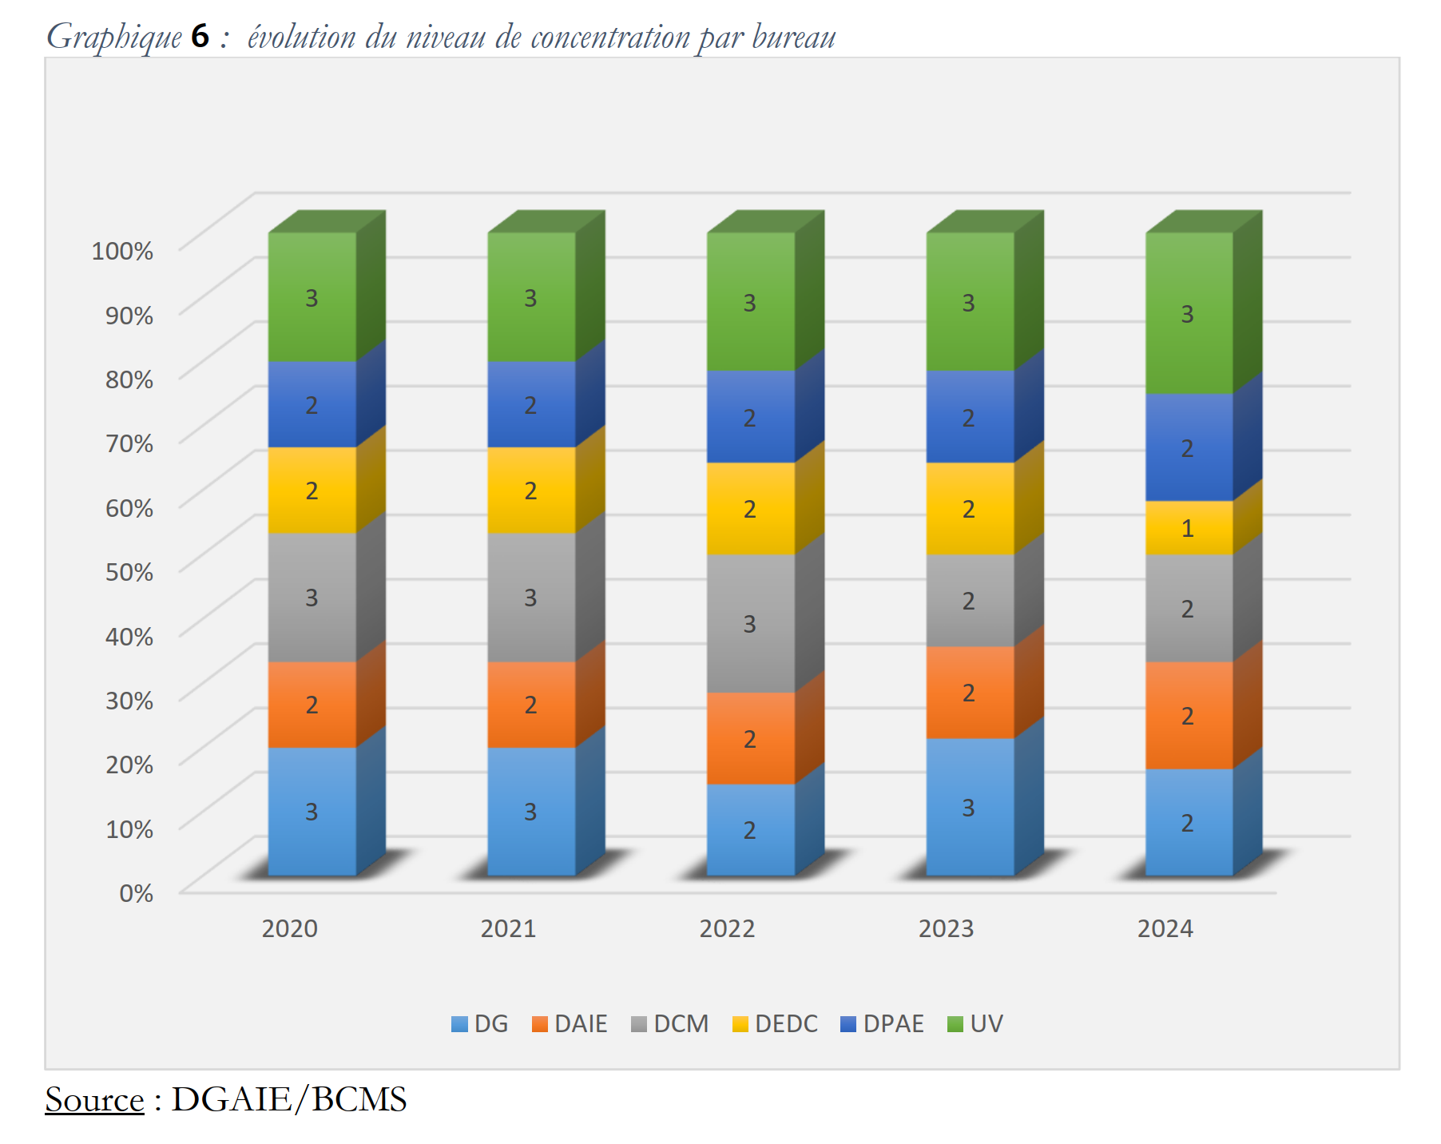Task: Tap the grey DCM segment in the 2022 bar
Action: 750,623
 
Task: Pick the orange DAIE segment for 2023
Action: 969,692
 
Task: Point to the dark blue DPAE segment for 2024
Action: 1189,447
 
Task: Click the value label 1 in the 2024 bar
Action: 1188,528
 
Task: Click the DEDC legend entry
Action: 775,1023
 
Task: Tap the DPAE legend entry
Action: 882,1023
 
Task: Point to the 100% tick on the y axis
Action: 122,251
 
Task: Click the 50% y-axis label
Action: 129,572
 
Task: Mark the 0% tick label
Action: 136,893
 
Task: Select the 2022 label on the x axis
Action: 727,928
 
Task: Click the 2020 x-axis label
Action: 289,928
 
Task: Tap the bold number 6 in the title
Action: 200,37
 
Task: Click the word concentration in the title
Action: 610,37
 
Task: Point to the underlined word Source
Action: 94,1099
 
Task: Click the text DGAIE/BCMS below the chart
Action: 289,1099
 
